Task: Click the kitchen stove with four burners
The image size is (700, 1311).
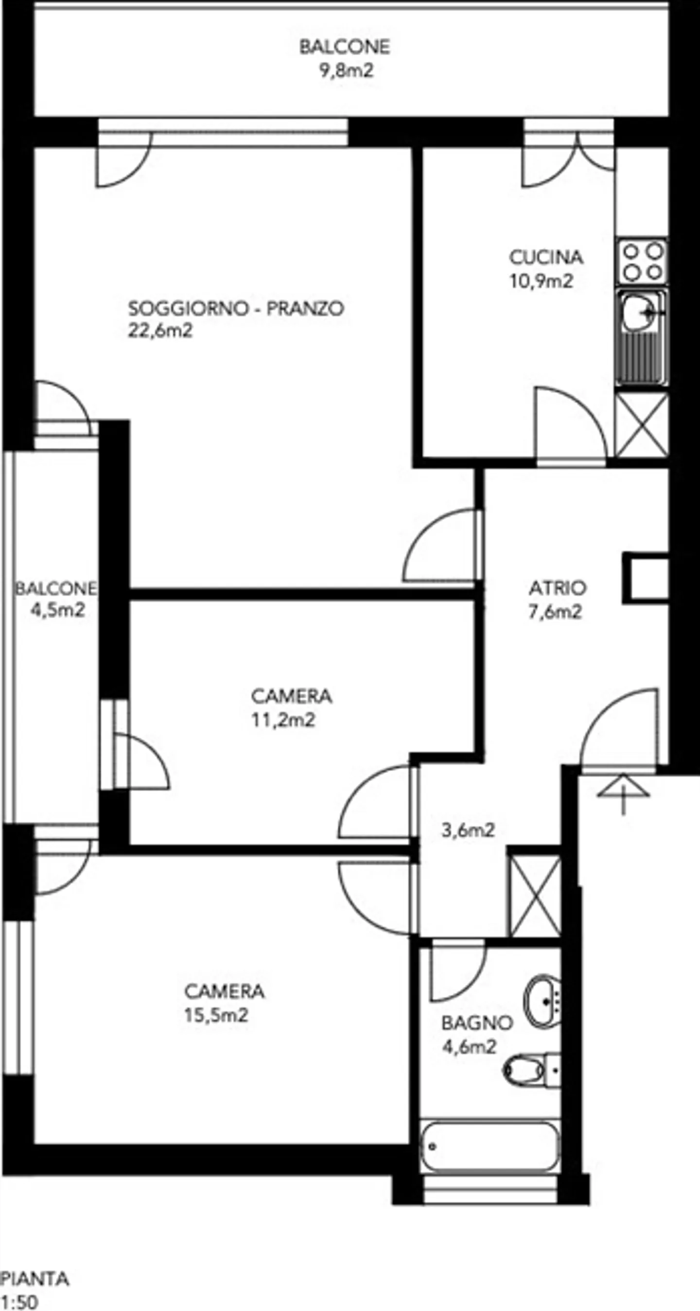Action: coord(643,261)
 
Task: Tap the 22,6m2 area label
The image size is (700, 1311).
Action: coord(160,331)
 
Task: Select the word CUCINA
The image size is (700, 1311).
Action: coord(546,258)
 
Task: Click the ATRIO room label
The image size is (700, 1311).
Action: coord(558,588)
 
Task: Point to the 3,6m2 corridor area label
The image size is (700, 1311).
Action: coord(468,830)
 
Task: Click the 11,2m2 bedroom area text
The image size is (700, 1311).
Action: coord(283,720)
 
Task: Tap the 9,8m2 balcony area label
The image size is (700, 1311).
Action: coord(346,70)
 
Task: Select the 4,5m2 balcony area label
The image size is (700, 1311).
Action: coord(57,610)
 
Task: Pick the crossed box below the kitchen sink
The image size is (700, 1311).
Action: coord(642,425)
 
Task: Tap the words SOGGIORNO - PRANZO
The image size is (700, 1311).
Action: coord(236,309)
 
